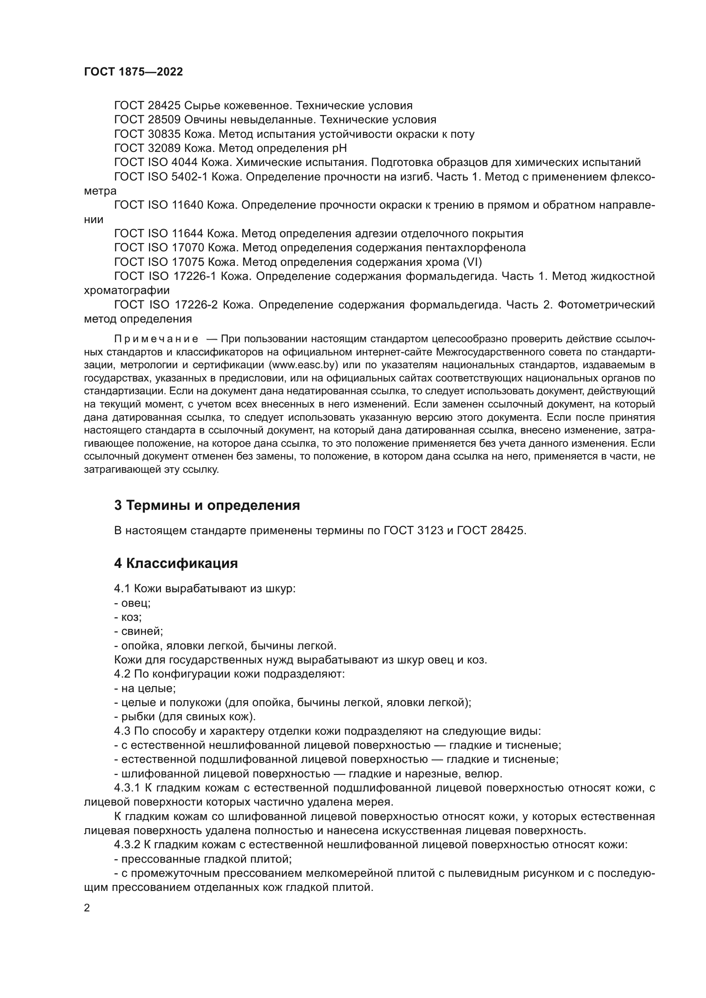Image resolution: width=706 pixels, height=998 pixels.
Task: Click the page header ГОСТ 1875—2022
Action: click(133, 72)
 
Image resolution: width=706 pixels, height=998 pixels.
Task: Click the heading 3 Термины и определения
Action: click(207, 505)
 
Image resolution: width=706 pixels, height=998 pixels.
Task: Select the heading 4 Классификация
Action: click(175, 563)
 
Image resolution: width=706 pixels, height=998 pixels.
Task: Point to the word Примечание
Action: click(156, 339)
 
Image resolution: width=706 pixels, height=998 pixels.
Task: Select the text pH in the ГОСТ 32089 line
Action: click(339, 148)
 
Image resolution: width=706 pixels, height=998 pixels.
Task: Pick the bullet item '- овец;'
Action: click(133, 603)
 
